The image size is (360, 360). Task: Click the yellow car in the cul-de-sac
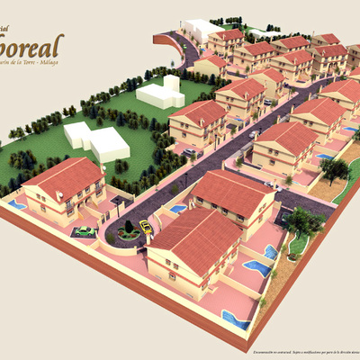(146, 229)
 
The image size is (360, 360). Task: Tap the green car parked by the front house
(85, 231)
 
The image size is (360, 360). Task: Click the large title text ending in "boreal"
(32, 45)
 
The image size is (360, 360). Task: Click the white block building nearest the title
(160, 93)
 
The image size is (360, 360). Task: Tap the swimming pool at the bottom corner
(236, 319)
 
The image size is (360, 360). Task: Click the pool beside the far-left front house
(17, 205)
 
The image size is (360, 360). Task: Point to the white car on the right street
(255, 134)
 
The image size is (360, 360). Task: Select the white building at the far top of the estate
(202, 29)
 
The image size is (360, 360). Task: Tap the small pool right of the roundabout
(179, 209)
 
